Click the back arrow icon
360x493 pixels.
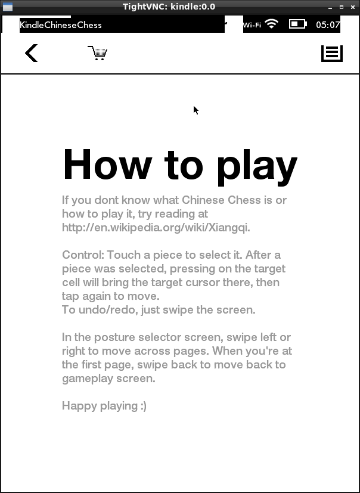click(32, 53)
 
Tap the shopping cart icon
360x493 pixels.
click(97, 54)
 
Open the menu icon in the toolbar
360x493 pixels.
click(332, 53)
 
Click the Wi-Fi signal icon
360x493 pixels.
click(271, 24)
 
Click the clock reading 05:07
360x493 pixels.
click(328, 25)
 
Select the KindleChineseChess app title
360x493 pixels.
click(61, 25)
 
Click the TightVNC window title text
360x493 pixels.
click(169, 7)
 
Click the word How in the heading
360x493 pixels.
click(107, 164)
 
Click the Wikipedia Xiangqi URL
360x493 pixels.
click(156, 227)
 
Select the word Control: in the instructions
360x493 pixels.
click(83, 255)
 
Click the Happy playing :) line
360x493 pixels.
click(104, 406)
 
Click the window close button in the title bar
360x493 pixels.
click(353, 7)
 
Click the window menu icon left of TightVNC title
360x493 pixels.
click(7, 7)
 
